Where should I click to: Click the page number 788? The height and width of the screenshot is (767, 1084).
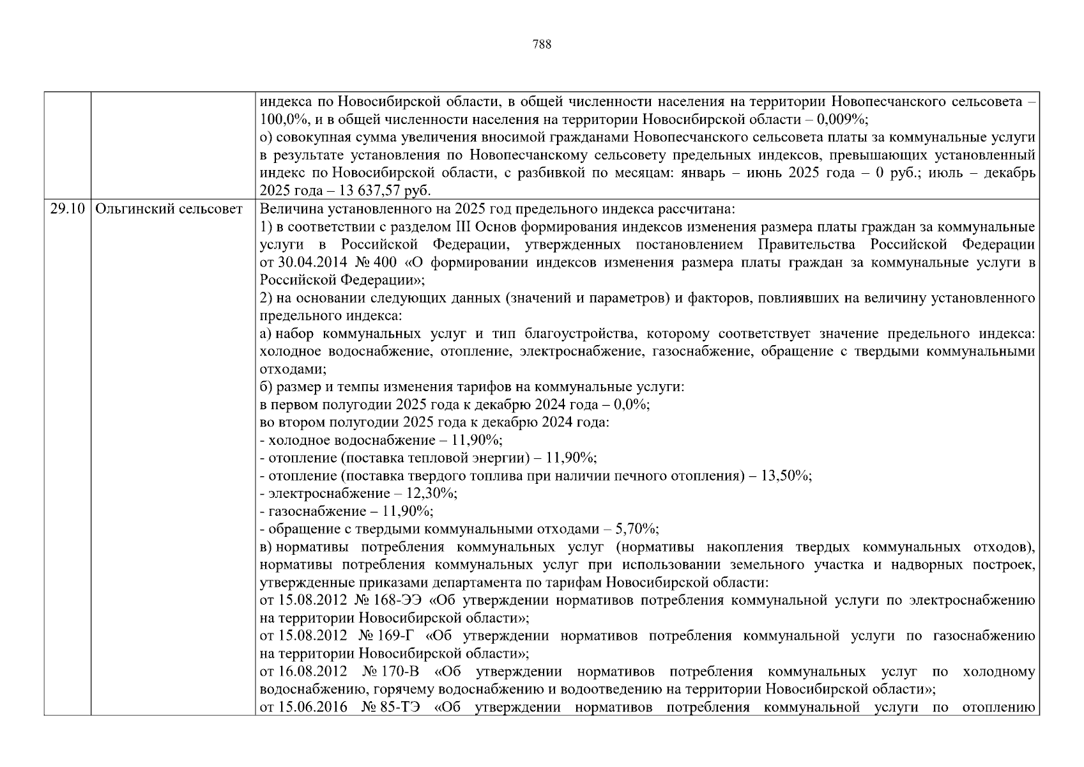pos(541,45)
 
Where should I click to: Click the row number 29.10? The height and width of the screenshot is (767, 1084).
pos(67,209)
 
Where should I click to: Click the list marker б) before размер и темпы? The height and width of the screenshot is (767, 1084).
pos(266,387)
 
